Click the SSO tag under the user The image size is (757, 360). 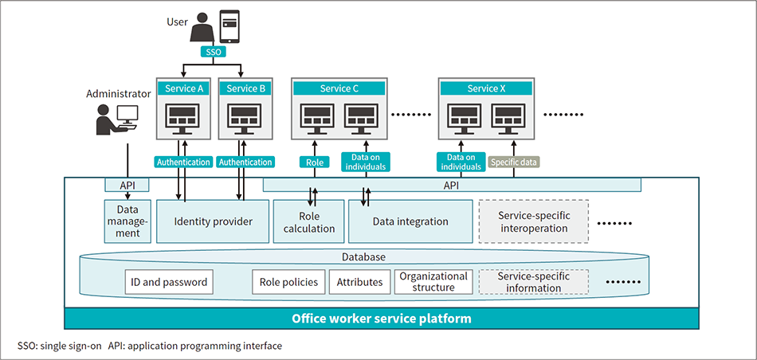213,51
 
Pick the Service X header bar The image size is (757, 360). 486,88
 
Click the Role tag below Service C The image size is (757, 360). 315,162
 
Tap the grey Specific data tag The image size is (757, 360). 513,162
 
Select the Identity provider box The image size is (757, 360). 213,221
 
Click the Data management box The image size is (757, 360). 128,221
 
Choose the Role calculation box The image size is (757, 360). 309,221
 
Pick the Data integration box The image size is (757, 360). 410,221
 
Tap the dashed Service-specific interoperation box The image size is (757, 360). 533,221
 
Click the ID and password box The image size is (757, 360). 168,282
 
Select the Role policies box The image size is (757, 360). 288,282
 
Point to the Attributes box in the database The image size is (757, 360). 359,282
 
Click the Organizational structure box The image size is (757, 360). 433,282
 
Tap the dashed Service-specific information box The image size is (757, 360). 533,282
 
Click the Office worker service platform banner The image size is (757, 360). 382,319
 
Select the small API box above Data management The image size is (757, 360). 127,185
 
